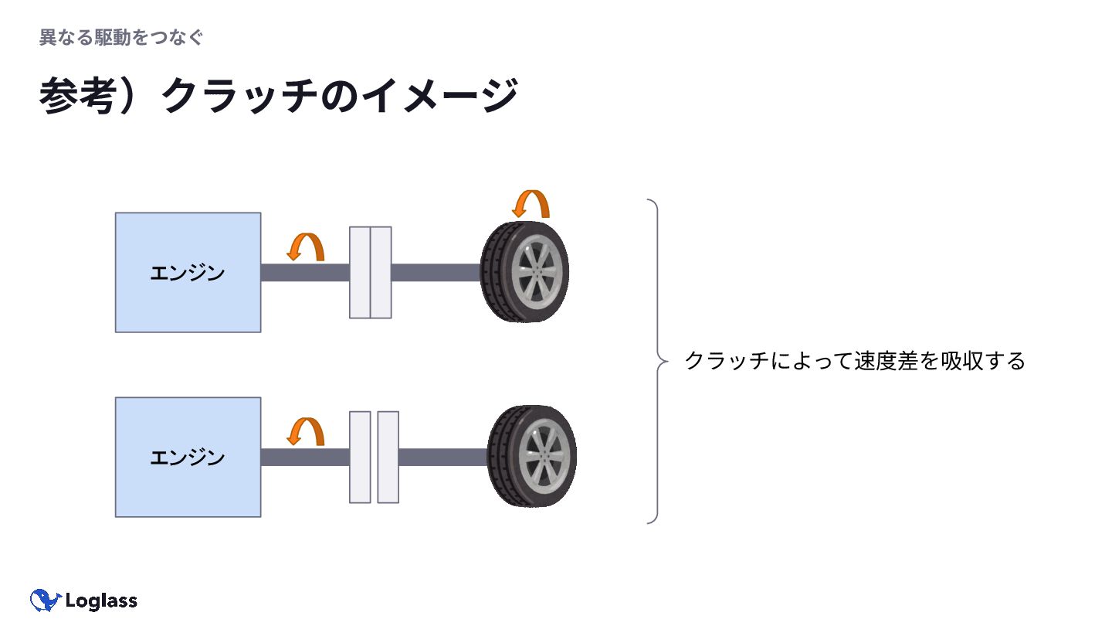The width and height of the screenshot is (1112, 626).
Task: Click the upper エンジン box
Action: point(188,272)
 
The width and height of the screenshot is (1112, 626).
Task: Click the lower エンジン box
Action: point(188,457)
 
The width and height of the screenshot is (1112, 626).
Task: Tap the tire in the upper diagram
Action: point(524,271)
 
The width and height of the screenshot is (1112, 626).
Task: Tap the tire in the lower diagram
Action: point(532,456)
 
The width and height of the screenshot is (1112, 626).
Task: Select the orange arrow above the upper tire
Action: point(531,204)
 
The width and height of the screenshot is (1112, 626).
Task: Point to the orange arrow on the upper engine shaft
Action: point(306,247)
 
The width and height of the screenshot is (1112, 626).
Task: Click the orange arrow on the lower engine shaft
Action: point(306,431)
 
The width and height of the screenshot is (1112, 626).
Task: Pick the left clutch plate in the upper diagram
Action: point(360,272)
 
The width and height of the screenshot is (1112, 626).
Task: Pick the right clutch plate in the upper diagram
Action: point(381,272)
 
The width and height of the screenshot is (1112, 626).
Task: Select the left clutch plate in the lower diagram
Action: point(360,457)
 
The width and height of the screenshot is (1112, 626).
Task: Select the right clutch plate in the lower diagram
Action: point(388,457)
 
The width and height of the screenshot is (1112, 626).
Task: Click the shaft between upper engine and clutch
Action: point(304,272)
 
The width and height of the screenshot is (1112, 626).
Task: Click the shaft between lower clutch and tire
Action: point(442,457)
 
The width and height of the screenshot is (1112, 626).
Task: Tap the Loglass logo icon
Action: point(46,600)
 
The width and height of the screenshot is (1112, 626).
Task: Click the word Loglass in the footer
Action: point(101,600)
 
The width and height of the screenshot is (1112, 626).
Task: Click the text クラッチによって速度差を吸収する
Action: point(854,361)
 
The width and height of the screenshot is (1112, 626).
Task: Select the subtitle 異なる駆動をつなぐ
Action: point(121,37)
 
